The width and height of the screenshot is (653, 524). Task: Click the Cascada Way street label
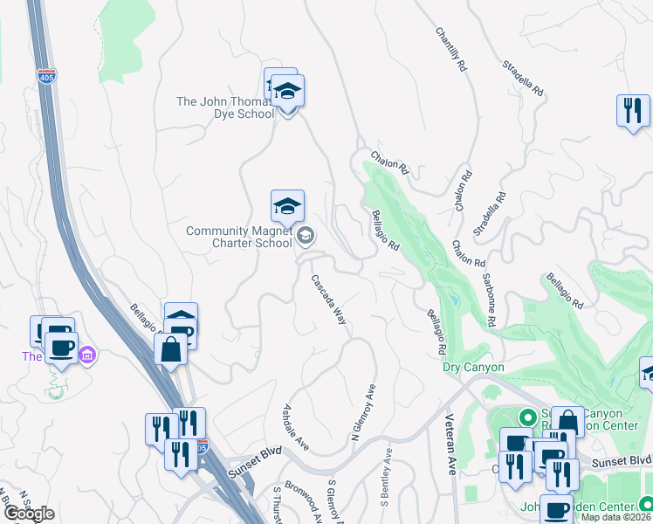[330, 300]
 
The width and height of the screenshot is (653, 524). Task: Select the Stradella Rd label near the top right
[523, 78]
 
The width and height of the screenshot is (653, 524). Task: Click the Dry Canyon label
[474, 368]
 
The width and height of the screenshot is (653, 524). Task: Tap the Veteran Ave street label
[452, 455]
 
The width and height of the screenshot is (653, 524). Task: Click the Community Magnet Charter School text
[239, 237]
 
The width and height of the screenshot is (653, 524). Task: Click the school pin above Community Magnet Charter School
[287, 208]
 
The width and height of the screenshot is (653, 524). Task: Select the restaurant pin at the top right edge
[633, 111]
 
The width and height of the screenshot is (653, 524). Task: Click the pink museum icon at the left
[86, 355]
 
